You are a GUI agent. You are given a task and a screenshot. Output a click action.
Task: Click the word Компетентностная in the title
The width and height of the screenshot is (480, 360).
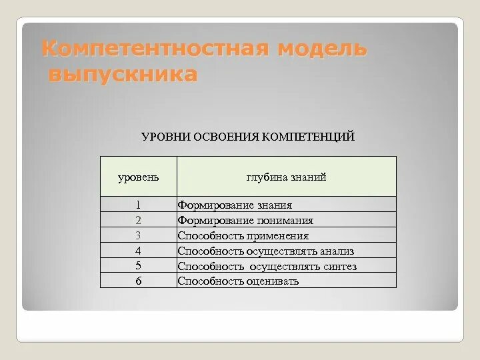(x=155, y=49)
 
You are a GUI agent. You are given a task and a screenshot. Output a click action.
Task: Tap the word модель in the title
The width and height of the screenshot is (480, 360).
(x=323, y=49)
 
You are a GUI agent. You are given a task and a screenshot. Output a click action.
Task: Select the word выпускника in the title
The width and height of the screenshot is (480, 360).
(x=123, y=75)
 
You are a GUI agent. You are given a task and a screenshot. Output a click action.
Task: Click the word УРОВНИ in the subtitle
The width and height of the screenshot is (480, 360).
(x=166, y=137)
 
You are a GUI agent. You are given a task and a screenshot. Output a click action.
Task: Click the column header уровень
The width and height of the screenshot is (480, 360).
(x=138, y=177)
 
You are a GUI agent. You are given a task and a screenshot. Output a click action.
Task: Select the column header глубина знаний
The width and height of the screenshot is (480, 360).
(x=286, y=177)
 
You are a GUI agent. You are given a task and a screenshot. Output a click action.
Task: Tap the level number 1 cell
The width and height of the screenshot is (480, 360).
(x=138, y=205)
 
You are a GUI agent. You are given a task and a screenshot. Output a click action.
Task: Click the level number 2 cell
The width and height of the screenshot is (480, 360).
(x=138, y=220)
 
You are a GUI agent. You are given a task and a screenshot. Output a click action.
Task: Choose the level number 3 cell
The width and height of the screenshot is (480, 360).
(x=138, y=235)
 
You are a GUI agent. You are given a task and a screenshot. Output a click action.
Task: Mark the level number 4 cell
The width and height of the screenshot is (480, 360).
(x=138, y=251)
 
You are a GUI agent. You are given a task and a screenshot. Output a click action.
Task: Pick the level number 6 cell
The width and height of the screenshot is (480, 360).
(x=138, y=281)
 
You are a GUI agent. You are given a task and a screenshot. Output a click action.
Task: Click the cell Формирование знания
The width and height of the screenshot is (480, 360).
(x=235, y=205)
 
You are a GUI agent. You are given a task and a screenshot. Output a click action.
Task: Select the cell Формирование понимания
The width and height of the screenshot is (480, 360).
(x=245, y=221)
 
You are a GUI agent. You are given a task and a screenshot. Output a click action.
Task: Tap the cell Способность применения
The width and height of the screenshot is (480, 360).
(x=243, y=236)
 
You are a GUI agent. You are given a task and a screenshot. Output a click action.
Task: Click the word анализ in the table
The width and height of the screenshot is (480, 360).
(x=337, y=251)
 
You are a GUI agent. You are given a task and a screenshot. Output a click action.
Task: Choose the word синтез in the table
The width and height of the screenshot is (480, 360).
(x=339, y=267)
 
